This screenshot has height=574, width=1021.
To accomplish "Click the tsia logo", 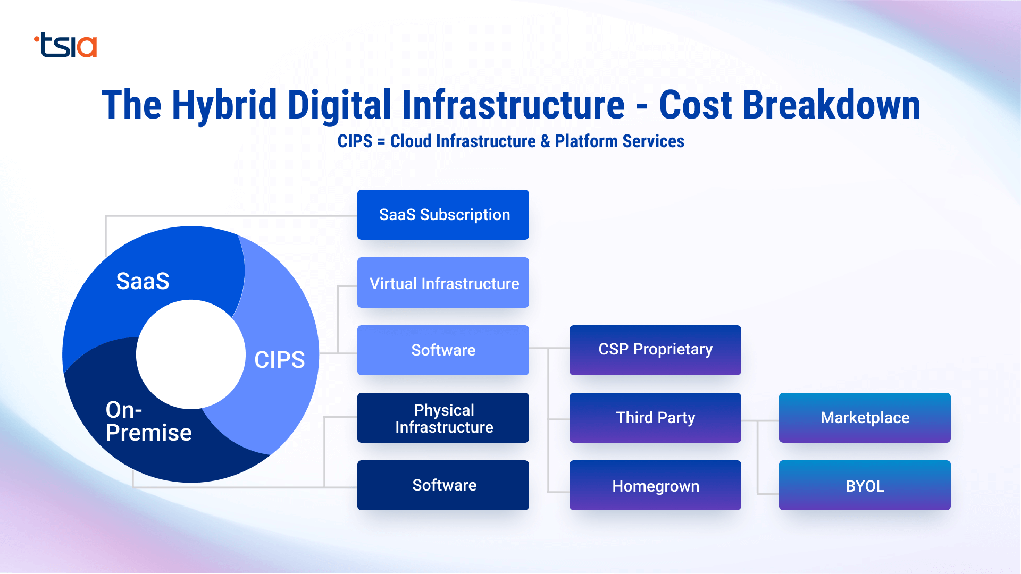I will click(x=66, y=46).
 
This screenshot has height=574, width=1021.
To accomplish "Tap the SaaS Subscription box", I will click(x=443, y=215).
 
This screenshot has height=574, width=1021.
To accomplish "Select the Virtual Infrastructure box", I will click(x=443, y=283).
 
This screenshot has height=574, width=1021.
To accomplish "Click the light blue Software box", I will click(x=443, y=350).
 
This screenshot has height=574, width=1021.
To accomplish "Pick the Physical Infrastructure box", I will click(x=443, y=418).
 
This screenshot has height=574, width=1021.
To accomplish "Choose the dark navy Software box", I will click(x=443, y=485).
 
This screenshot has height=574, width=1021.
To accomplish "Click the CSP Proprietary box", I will click(x=655, y=350).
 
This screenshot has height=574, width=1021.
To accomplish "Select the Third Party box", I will click(x=655, y=418).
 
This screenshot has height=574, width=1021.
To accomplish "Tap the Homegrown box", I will click(x=655, y=486).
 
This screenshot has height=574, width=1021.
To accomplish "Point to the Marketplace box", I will click(x=865, y=418).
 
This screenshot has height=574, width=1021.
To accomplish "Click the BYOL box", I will click(x=865, y=486).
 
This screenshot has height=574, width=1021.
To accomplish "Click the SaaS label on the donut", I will click(x=143, y=281).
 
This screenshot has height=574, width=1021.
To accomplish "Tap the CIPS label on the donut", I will click(x=279, y=360).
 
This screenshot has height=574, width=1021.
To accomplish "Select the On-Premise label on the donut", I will click(x=148, y=421).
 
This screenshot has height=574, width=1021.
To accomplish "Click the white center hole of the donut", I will click(x=190, y=354).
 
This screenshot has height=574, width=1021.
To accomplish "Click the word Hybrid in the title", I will click(x=224, y=105).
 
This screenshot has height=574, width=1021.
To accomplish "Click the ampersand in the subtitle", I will click(x=545, y=141).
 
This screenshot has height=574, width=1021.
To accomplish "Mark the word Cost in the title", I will click(x=695, y=105).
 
